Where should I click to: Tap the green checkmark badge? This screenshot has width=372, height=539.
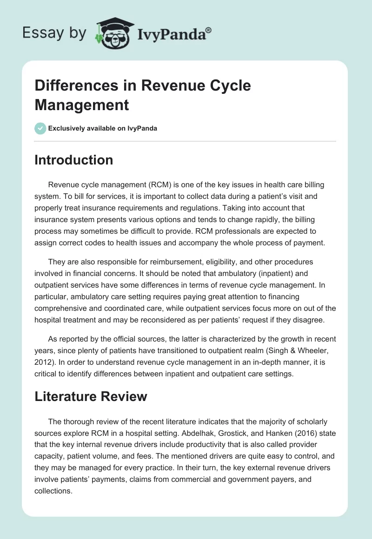pos(40,128)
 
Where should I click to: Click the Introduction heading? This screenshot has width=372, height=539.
pos(74,160)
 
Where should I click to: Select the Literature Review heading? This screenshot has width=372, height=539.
pos(91,396)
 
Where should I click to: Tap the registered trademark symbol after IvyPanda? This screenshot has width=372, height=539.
pos(209,30)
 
